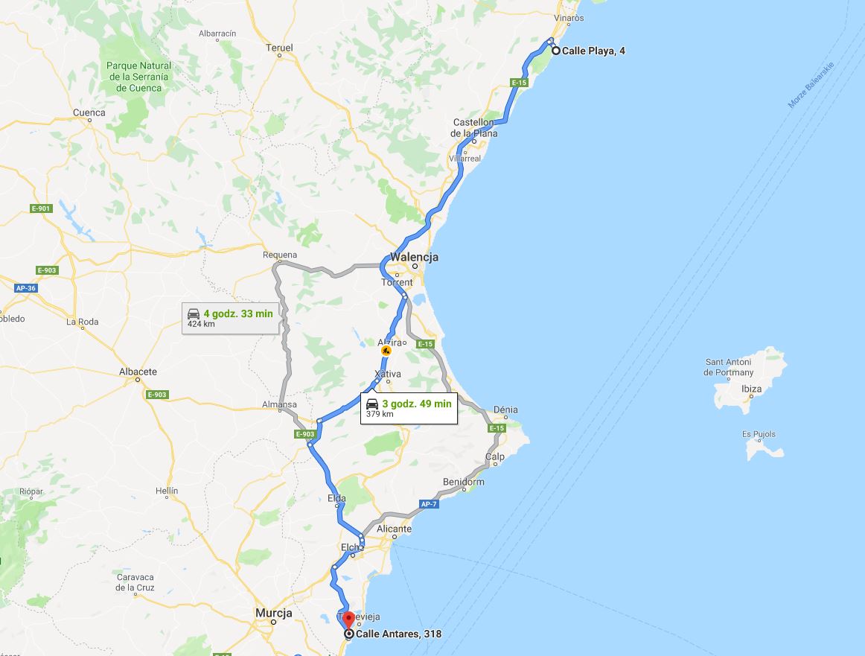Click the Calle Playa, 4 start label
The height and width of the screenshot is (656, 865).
click(593, 51)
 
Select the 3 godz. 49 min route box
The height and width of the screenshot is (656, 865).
click(409, 407)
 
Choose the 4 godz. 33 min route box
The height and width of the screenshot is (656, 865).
click(230, 317)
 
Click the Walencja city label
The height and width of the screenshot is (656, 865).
click(414, 257)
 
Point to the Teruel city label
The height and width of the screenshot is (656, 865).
click(279, 48)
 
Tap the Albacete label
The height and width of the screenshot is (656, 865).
click(138, 372)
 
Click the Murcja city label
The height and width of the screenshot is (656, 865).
click(273, 613)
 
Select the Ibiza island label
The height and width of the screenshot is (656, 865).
click(751, 389)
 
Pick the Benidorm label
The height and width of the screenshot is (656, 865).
click(463, 482)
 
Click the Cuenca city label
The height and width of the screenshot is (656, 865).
click(89, 113)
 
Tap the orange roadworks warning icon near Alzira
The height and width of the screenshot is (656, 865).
click(386, 350)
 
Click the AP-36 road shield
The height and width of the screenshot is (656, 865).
click(25, 288)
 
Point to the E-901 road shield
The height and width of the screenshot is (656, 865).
click(41, 208)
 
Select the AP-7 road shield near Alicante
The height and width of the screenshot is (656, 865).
click(428, 504)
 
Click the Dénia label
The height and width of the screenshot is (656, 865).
click(505, 410)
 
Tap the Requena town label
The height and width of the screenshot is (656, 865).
click(279, 255)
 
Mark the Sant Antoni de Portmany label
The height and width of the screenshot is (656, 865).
click(729, 367)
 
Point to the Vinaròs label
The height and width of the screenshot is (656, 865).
click(569, 18)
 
